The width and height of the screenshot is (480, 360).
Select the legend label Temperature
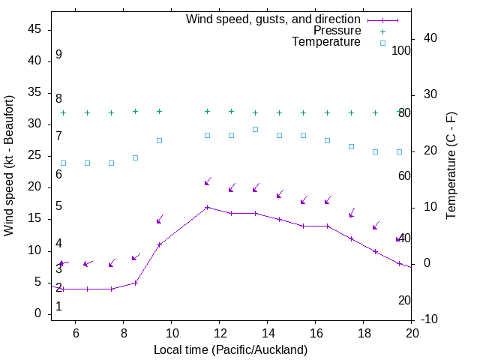[326, 42]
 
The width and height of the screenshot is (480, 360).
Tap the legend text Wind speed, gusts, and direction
[273, 19]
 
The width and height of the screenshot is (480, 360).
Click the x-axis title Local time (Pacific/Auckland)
[230, 349]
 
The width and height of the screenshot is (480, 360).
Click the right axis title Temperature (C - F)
[451, 165]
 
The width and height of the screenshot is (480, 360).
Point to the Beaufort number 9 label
[58, 55]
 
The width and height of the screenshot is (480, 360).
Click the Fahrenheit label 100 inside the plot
[402, 50]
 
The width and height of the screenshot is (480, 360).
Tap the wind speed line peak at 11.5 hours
[208, 207]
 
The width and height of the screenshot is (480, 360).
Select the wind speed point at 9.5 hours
[160, 244]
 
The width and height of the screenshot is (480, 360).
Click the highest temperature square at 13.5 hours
[256, 129]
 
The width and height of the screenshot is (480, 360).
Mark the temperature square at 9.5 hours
[160, 140]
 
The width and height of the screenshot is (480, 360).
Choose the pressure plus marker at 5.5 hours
[64, 113]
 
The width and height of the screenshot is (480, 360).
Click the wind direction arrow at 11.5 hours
[208, 182]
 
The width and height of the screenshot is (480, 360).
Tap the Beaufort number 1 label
[58, 307]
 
